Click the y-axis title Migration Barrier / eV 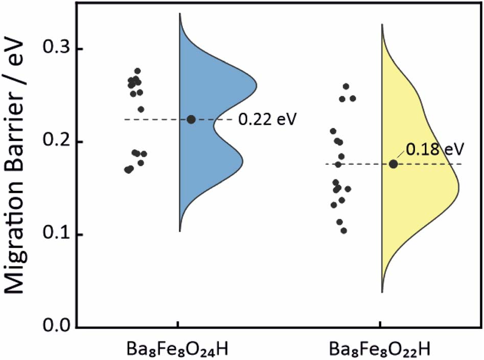pyautogui.click(x=14, y=167)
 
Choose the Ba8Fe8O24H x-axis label pyautogui.click(x=177, y=349)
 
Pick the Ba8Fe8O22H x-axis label pyautogui.click(x=380, y=349)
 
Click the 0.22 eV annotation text pyautogui.click(x=267, y=119)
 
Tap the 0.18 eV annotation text pyautogui.click(x=434, y=149)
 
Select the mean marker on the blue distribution pyautogui.click(x=191, y=120)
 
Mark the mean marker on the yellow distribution pyautogui.click(x=393, y=164)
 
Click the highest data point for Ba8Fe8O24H pyautogui.click(x=137, y=71)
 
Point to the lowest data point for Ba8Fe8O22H pyautogui.click(x=344, y=231)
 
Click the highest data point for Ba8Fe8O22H pyautogui.click(x=346, y=86)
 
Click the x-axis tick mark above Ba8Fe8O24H pyautogui.click(x=178, y=324)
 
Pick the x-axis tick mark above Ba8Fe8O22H pyautogui.click(x=380, y=324)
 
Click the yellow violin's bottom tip pyautogui.click(x=382, y=292)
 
